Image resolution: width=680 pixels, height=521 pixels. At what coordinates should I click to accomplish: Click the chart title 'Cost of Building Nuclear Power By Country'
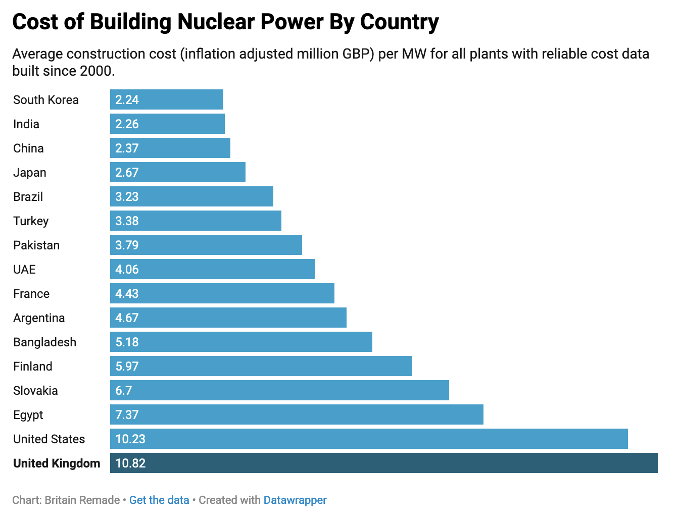coord(225,22)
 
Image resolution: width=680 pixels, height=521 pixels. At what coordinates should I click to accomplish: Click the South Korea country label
coord(46,100)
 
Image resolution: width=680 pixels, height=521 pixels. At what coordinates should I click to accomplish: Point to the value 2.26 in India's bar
coord(127,124)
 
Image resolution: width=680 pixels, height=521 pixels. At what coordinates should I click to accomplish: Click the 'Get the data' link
coord(159,500)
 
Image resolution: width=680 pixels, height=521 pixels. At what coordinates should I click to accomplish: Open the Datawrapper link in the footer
coord(295,500)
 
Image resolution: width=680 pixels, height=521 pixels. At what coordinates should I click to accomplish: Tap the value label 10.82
coord(130,463)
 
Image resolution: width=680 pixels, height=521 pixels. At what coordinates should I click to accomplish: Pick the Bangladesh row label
coord(45,342)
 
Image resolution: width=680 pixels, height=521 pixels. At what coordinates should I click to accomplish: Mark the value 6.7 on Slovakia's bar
coord(123,391)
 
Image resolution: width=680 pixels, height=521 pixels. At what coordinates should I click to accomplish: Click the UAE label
coord(24,270)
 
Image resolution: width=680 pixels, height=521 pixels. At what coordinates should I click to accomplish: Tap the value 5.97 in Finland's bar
coord(127,367)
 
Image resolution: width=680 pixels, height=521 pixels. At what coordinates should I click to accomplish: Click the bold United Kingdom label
coord(57,463)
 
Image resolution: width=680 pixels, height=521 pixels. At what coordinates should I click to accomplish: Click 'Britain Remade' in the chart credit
coord(82,500)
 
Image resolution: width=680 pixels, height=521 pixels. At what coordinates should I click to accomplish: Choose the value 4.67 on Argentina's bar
coord(127,318)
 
